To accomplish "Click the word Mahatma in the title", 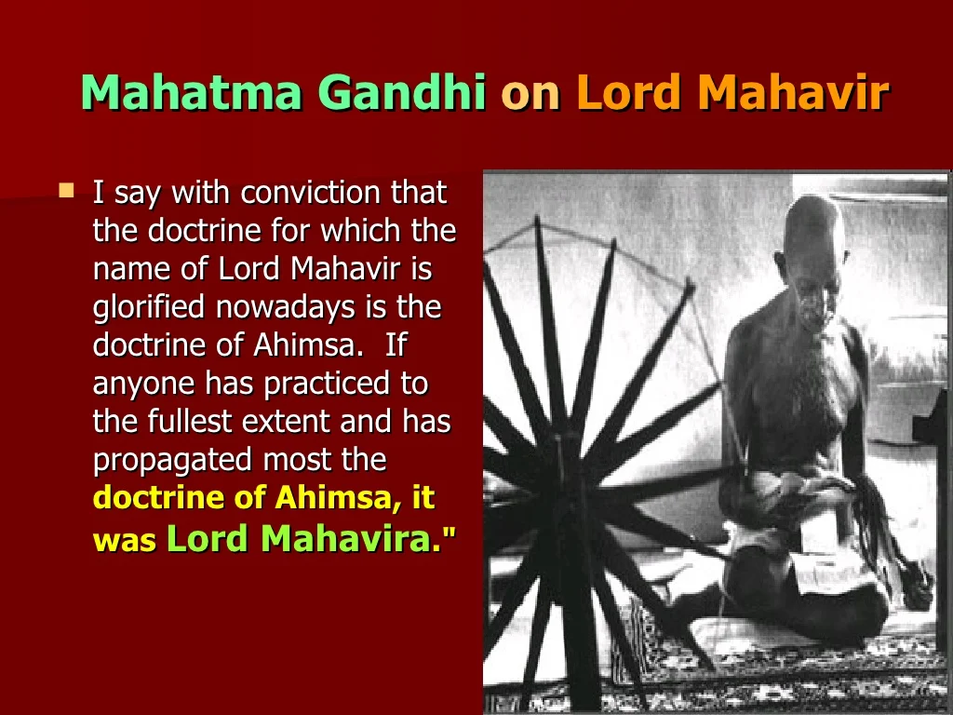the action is tap(192, 92).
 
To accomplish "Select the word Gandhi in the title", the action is tap(402, 92).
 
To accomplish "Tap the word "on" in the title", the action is tap(530, 96).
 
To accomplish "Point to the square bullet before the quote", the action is tap(66, 191).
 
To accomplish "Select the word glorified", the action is tap(148, 307).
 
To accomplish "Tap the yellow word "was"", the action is tap(125, 541).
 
